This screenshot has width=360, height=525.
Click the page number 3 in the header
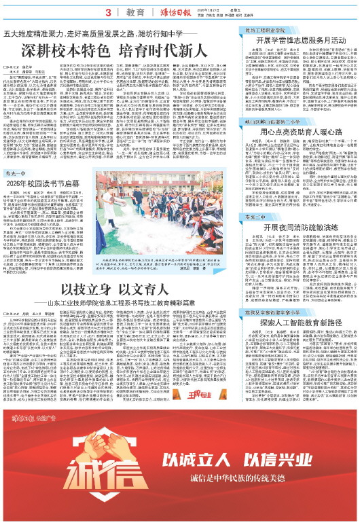pyautogui.click(x=107, y=12)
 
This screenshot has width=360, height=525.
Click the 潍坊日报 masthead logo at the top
pyautogui.click(x=175, y=12)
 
